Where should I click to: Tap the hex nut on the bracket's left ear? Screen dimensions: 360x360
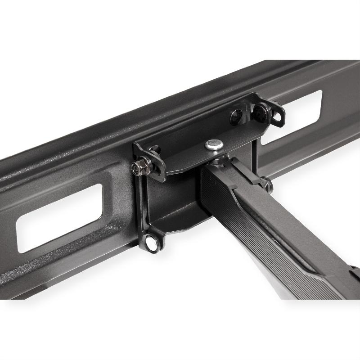(x=139, y=168)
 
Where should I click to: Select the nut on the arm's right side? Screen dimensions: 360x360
(x=267, y=183)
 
